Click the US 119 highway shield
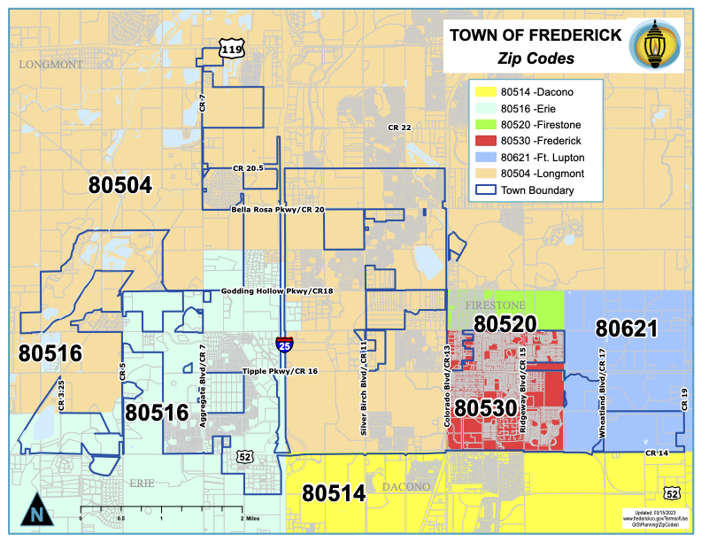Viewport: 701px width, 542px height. pos(231,50)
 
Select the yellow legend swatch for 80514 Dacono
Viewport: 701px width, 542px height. pos(483,90)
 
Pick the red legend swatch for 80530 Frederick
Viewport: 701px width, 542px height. pos(483,140)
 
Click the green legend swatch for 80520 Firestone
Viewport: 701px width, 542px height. pos(483,124)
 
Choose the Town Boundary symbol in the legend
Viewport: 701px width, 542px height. pos(483,190)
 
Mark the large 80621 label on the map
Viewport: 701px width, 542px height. pos(626,329)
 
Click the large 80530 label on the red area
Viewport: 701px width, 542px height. pos(486,408)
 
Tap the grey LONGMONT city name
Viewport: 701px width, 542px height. pos(50,65)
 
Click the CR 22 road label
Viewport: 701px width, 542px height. pos(399,128)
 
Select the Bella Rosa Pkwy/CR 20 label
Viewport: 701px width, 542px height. pos(278,210)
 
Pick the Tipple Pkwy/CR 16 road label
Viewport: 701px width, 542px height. pos(280,371)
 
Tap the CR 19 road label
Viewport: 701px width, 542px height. pos(683,399)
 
